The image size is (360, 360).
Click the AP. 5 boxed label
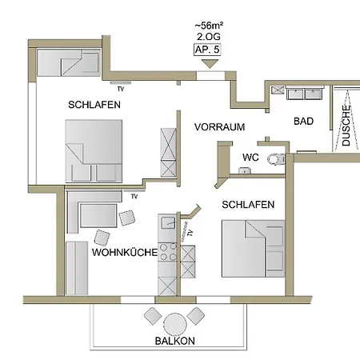[x=207, y=50]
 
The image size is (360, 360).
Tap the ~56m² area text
[x=209, y=26]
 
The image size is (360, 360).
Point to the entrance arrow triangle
[x=210, y=64]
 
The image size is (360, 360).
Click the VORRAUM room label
[x=220, y=127]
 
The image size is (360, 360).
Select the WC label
[x=250, y=158]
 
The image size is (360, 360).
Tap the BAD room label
[x=303, y=122]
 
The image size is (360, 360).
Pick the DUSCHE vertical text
[x=346, y=126]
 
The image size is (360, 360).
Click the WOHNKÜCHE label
[x=125, y=252]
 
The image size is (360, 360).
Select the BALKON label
[x=175, y=341]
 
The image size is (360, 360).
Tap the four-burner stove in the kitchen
[x=168, y=252]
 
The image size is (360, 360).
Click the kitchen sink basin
[x=169, y=222]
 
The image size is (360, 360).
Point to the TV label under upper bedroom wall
[x=121, y=89]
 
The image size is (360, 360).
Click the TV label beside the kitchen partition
[x=190, y=233]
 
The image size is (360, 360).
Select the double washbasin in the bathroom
[x=304, y=93]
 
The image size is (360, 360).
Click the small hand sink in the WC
[x=244, y=170]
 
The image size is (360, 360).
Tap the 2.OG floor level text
[x=209, y=37]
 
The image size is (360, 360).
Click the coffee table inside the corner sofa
[x=98, y=215]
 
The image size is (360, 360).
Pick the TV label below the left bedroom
[x=134, y=197]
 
